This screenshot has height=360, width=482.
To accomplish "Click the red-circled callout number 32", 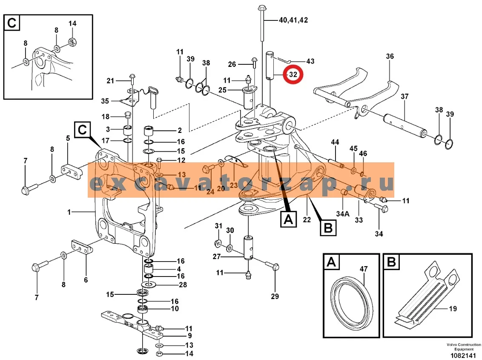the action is click(293, 75).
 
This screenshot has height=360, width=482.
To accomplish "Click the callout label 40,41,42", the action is click(293, 20).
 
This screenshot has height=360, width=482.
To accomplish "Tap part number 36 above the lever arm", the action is click(390, 56).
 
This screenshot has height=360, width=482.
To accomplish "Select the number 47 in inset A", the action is click(364, 269).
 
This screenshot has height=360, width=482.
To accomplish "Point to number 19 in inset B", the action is click(453, 308).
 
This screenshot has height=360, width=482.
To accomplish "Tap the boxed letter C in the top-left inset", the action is click(12, 23).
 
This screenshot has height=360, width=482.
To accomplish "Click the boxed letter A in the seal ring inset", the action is click(331, 262).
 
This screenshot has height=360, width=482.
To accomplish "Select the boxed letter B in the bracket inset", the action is click(391, 262).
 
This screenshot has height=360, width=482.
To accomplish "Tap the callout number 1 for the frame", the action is click(69, 212).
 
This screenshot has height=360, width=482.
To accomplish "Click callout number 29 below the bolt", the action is click(275, 297).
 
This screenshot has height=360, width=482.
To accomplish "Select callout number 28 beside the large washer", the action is click(183, 285).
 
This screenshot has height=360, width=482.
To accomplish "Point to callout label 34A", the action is click(343, 213).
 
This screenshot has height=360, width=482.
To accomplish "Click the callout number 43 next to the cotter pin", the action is click(310, 61).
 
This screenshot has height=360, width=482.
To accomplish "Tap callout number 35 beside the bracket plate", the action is click(105, 101).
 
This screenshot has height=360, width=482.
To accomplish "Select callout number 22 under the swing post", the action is click(307, 220).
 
